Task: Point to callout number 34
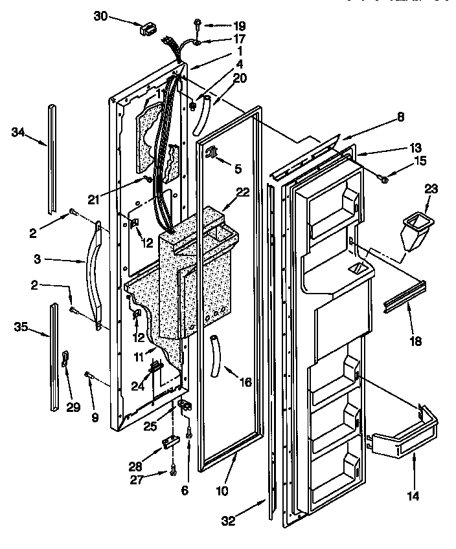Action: pos(19,133)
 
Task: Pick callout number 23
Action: pos(431,189)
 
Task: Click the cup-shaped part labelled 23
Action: pos(413,231)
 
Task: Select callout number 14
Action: pos(413,497)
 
